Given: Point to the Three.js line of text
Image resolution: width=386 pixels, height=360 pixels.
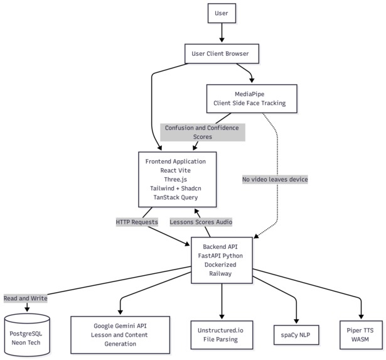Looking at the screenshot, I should tap(177, 179).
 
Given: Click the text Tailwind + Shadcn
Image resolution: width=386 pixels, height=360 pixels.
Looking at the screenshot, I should tap(177, 188).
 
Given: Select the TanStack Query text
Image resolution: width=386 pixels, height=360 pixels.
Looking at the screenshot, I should tap(177, 197).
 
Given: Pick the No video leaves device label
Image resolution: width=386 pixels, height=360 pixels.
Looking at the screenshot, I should tap(274, 179).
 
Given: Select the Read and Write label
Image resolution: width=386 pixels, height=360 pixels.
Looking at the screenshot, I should tap(25, 298).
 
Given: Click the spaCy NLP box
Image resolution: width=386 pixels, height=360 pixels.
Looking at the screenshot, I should tap(296, 335).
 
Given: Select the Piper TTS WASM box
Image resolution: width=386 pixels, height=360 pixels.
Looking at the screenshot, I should tap(362, 334).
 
